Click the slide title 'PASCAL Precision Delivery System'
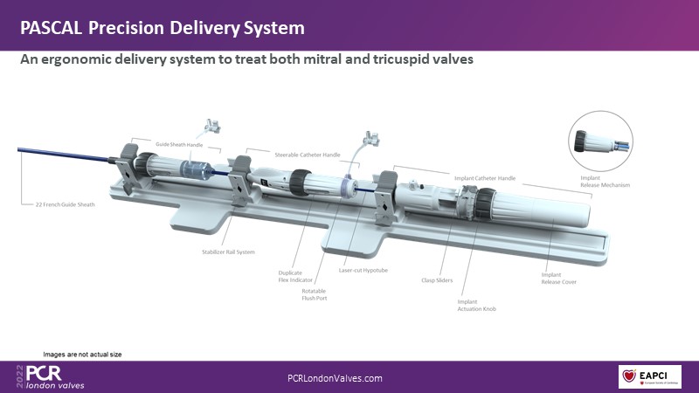click(163, 28)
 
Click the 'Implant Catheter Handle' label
click(485, 178)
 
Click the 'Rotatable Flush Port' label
click(314, 295)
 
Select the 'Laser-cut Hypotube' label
click(363, 271)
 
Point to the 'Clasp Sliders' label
click(437, 281)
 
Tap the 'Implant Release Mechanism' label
click(605, 182)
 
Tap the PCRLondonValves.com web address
click(335, 378)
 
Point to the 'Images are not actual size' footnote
click(82, 354)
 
